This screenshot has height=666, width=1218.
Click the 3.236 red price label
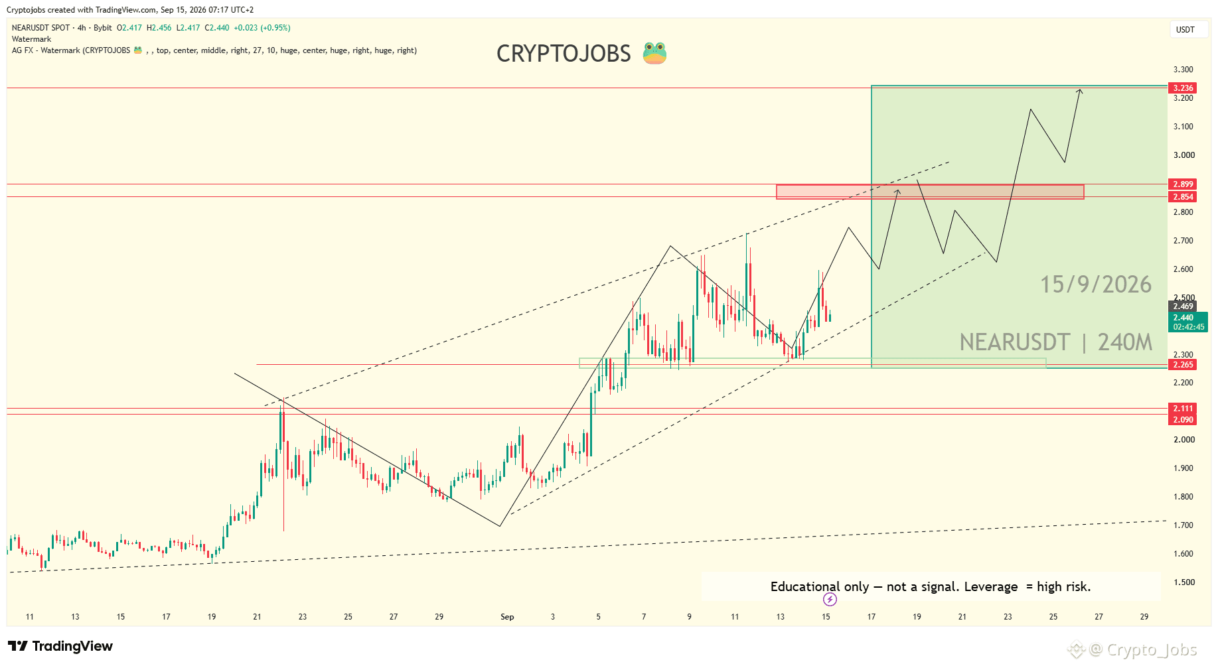[x=1183, y=88]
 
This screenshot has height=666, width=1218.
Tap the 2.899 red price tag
[x=1183, y=184]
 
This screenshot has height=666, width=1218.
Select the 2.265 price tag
[x=1183, y=364]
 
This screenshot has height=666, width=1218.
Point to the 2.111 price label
[x=1183, y=408]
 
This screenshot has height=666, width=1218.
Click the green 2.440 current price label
[x=1188, y=322]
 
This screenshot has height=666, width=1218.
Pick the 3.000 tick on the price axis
[x=1183, y=155]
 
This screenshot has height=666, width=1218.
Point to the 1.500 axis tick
[x=1183, y=582]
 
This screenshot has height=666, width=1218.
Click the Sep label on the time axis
[x=507, y=617]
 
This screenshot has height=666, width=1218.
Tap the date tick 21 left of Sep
[x=257, y=617]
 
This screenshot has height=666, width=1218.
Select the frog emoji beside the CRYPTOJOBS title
[x=654, y=53]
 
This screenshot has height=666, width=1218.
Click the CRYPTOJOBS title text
[x=564, y=54]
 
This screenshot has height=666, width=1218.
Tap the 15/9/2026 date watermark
[x=1096, y=285]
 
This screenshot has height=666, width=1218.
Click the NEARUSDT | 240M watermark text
[x=1056, y=342]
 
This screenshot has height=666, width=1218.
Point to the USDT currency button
[x=1185, y=30]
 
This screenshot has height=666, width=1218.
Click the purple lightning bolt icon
[x=830, y=600]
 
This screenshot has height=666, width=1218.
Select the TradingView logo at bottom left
[x=60, y=646]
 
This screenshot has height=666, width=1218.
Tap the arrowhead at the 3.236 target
[x=1080, y=92]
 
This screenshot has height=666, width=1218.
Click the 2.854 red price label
[x=1183, y=196]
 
